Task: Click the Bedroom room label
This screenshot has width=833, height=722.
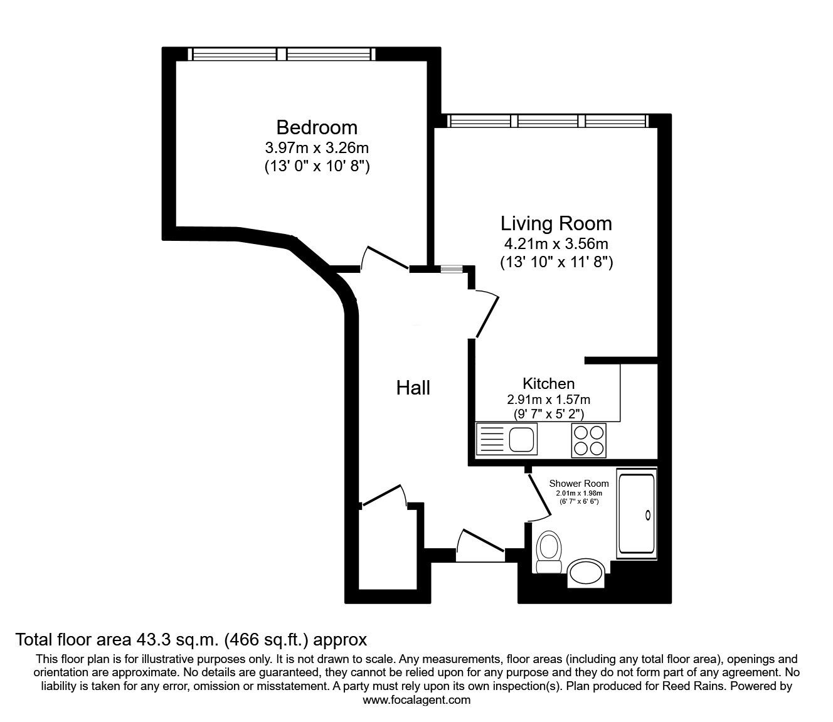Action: click(316, 127)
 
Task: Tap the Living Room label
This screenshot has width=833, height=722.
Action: click(556, 223)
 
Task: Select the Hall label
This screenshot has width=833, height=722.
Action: click(413, 388)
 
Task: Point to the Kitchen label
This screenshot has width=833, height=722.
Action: click(548, 383)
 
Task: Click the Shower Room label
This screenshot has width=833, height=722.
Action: click(578, 483)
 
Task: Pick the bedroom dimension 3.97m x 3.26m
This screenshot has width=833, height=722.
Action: click(316, 149)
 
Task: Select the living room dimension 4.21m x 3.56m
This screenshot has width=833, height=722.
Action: click(556, 244)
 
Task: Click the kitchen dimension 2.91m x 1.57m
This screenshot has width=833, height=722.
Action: click(548, 400)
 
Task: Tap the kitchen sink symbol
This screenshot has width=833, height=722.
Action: click(506, 439)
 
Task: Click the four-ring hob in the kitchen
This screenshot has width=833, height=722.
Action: click(589, 440)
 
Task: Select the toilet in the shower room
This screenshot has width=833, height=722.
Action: click(549, 551)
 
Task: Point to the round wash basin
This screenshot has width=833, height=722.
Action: click(586, 572)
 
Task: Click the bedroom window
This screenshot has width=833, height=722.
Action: click(284, 55)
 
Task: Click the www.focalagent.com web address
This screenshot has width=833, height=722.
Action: click(416, 700)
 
